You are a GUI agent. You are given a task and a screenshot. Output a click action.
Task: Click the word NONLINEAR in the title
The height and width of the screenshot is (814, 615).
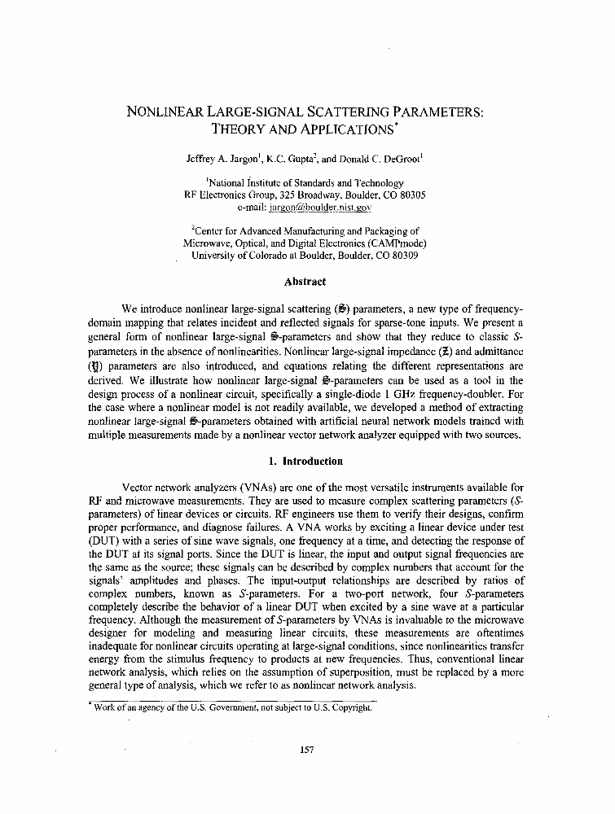[x=161, y=112]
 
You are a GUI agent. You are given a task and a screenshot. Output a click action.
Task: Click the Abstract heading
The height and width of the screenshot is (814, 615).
[x=305, y=282]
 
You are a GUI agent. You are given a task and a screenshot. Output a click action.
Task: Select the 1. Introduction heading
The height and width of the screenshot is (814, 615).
[x=305, y=461]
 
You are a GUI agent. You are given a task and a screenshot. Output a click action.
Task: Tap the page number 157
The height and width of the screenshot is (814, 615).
[x=306, y=750]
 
